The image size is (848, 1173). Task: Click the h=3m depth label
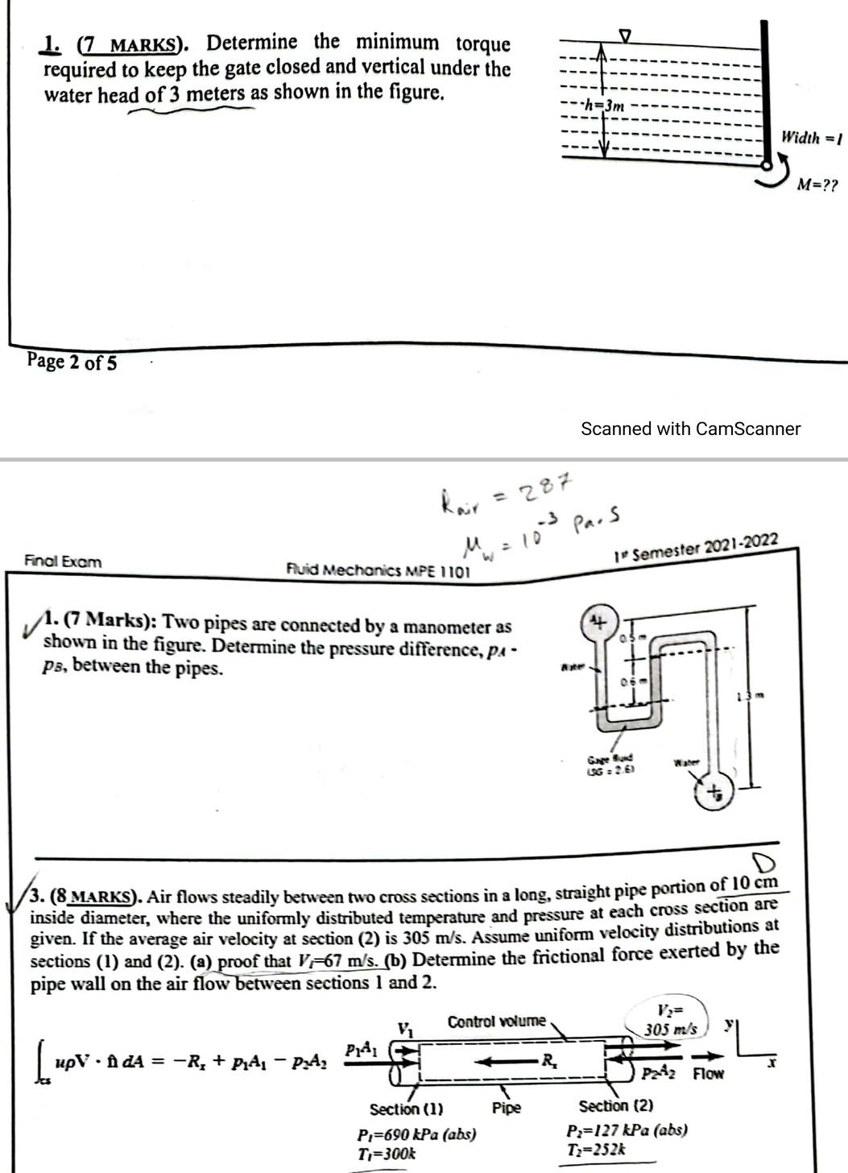(x=603, y=105)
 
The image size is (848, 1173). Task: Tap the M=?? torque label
(x=817, y=185)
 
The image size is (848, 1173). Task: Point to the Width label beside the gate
(x=810, y=138)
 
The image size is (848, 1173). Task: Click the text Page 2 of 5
(x=72, y=362)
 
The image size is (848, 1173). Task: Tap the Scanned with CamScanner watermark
(x=690, y=429)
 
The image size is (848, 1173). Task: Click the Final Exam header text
(x=63, y=561)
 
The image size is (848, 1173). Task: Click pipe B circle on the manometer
(x=714, y=794)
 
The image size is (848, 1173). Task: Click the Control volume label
(x=496, y=1022)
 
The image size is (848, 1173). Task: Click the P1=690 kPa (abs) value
(x=416, y=1134)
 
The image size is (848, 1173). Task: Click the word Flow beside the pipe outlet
(x=709, y=1074)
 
